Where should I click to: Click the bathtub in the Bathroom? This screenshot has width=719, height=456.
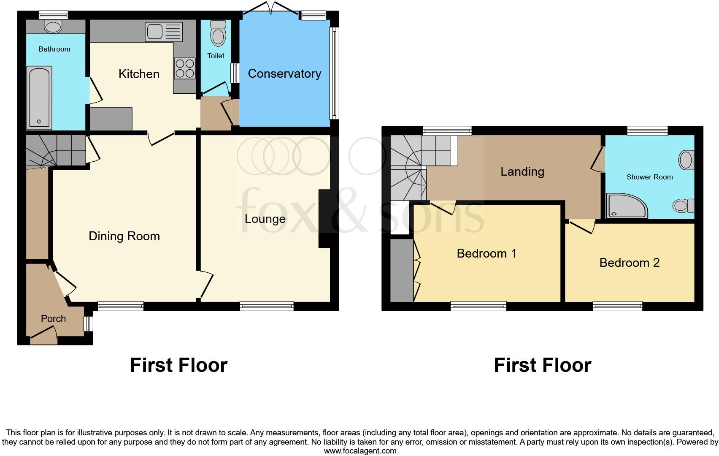[x=39, y=98]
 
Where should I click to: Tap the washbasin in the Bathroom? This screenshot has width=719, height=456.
[x=53, y=27]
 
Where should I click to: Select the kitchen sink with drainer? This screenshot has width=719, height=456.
[x=163, y=32]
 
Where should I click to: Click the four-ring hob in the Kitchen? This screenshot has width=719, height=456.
[x=185, y=68]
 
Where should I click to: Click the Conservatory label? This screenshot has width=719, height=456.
[x=284, y=73]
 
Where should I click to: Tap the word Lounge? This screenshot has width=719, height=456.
[x=265, y=219]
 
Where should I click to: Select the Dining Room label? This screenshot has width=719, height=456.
[x=124, y=236]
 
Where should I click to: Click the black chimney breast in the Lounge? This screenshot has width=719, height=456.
[x=324, y=218]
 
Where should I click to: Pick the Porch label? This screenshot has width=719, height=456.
[x=53, y=319]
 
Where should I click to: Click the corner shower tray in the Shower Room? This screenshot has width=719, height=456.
[x=626, y=206]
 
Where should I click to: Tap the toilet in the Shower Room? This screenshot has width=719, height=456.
[x=683, y=206]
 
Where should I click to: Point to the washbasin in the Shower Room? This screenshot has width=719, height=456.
[x=686, y=160]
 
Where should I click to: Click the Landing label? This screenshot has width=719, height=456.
[x=522, y=171]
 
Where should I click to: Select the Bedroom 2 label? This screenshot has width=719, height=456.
[x=629, y=263]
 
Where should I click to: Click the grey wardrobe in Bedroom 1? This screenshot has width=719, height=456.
[x=401, y=270]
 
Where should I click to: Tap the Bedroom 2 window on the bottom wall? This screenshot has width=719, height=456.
[x=617, y=306]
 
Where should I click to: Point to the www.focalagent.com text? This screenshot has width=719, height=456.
[x=359, y=451]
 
